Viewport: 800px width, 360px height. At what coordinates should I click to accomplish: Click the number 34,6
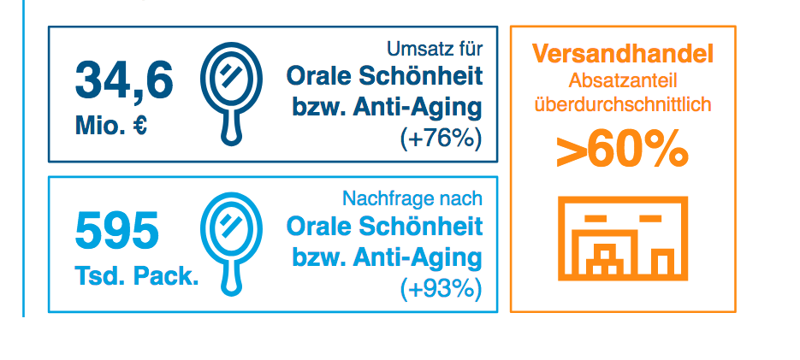pos(124,81)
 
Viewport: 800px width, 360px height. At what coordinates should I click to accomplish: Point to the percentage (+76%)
pos(441,139)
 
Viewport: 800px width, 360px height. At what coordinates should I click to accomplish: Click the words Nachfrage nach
pos(412,198)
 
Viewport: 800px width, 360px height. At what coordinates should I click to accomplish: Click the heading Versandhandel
pos(622,55)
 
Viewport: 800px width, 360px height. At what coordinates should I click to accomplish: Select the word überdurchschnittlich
pos(622,105)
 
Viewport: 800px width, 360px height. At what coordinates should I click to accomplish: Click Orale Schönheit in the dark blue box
pos(384,75)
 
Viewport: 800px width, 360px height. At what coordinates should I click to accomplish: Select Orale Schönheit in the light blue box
pos(384,227)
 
